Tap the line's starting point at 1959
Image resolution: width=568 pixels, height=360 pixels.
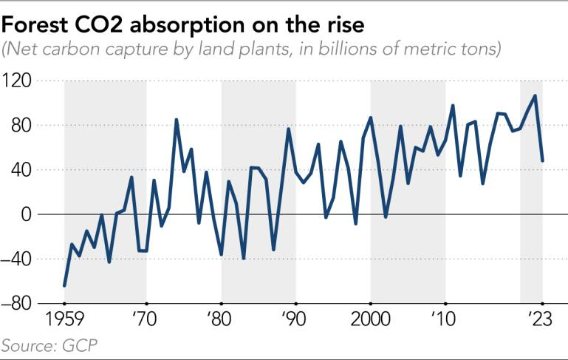64,285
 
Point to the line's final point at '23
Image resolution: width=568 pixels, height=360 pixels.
543,160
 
